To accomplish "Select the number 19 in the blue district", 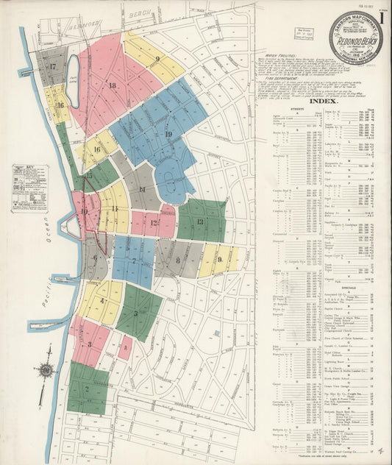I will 168,134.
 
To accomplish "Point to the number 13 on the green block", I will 199,221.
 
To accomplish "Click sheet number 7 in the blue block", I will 133,260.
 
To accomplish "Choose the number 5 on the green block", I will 136,313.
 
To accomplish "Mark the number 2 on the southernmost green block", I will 86,388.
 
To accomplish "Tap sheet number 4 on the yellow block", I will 101,301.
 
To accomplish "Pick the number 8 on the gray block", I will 177,260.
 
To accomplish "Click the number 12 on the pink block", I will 153,223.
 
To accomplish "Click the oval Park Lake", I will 74,74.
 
